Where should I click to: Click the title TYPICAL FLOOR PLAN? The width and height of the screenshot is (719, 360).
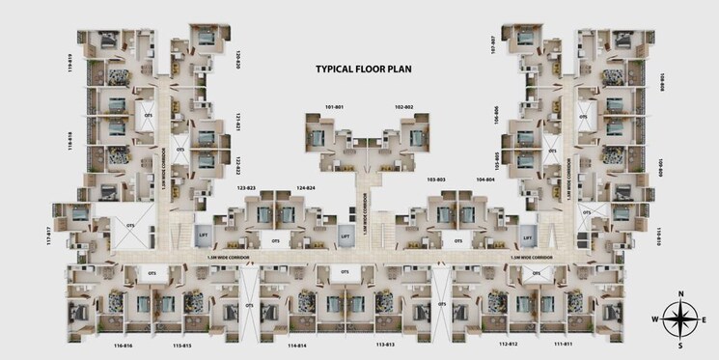(x=365, y=69)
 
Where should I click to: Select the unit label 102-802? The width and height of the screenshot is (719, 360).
(x=403, y=106)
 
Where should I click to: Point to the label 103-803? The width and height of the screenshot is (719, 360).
(x=436, y=180)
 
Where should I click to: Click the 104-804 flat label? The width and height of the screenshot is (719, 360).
(x=484, y=180)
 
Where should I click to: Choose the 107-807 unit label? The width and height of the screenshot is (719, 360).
(x=493, y=47)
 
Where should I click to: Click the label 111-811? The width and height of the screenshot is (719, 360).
(x=565, y=344)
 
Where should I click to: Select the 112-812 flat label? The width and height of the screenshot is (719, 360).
(x=509, y=344)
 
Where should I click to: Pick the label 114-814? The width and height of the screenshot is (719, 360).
(x=297, y=344)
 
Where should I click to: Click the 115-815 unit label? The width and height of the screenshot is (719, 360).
(x=182, y=344)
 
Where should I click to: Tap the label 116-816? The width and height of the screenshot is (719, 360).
(x=123, y=344)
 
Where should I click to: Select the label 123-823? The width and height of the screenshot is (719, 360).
(x=245, y=187)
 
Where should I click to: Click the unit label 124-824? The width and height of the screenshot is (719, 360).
(x=306, y=187)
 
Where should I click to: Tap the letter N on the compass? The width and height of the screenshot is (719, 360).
(x=680, y=293)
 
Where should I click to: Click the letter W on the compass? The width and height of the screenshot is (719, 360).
(x=656, y=318)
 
